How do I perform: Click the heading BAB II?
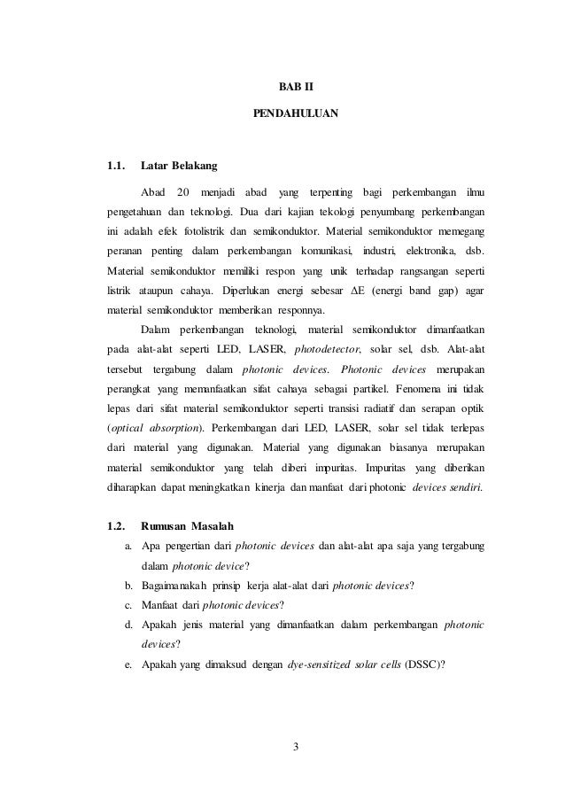296,89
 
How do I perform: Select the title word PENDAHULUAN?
296,114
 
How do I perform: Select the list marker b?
129,586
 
